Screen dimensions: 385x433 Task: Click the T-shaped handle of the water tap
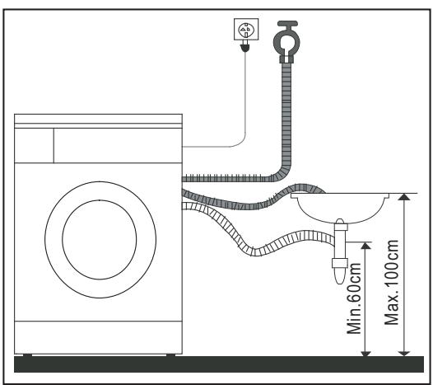[287, 27]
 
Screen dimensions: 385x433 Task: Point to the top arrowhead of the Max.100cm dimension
[403, 198]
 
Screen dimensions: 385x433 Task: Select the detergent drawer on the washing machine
[34, 145]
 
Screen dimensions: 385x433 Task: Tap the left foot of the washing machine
[29, 355]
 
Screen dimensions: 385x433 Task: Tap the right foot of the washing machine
[170, 355]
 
